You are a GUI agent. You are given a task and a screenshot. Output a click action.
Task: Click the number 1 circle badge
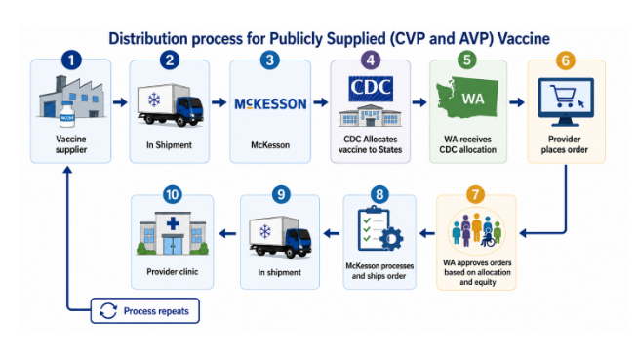tap(71, 60)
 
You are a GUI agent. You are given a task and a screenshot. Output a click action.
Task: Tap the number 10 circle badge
tap(172, 194)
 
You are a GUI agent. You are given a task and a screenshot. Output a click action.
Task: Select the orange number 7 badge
tap(475, 194)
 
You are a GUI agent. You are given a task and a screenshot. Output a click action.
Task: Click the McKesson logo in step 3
tap(270, 104)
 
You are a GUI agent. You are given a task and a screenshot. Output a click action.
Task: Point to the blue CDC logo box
tap(371, 88)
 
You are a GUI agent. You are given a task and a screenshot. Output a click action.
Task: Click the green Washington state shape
tap(467, 98)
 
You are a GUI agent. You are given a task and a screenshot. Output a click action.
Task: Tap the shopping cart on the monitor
tap(563, 96)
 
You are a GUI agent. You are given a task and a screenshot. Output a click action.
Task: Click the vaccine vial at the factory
tap(67, 114)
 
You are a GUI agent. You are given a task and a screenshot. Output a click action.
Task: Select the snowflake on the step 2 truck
tap(154, 100)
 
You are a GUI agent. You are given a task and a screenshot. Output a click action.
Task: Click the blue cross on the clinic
tap(173, 222)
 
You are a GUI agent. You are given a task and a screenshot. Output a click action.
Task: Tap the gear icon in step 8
tap(391, 239)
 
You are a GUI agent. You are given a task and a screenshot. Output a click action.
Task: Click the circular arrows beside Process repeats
tap(108, 311)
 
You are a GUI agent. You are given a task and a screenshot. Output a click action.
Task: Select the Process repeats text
tap(156, 311)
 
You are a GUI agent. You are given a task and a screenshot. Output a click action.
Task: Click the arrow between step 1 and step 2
tap(120, 102)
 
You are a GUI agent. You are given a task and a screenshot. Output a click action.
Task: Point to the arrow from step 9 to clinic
tap(227, 233)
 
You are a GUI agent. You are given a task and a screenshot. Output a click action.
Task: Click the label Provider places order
tap(565, 144)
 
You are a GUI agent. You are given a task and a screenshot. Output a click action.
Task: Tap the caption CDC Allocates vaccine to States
tap(371, 144)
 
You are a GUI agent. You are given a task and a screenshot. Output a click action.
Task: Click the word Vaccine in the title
tap(524, 39)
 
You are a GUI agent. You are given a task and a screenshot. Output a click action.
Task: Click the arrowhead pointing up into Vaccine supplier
tap(67, 169)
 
